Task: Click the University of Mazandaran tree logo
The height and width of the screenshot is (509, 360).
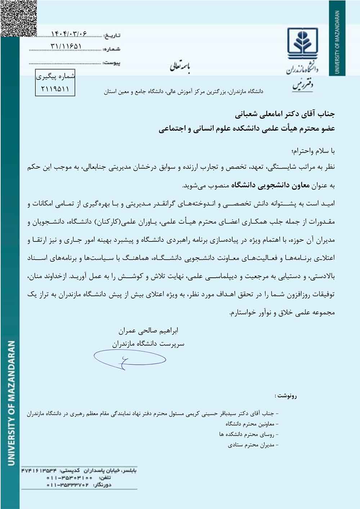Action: pos(303,42)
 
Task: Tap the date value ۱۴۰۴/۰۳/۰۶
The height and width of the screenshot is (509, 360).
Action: pos(69,34)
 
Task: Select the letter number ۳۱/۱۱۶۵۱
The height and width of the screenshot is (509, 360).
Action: pos(67,46)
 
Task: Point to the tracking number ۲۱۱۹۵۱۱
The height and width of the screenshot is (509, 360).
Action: pos(55,89)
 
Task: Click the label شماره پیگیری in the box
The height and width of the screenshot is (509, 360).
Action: pos(55,76)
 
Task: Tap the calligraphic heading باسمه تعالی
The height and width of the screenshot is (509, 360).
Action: pos(180,67)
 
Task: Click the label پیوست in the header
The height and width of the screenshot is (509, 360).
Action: pos(112,63)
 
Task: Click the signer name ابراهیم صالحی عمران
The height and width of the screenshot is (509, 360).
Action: pos(148,330)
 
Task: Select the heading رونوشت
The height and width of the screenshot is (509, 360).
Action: pos(286,396)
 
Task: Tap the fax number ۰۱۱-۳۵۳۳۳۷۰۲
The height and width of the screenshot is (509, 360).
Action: pos(68,485)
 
